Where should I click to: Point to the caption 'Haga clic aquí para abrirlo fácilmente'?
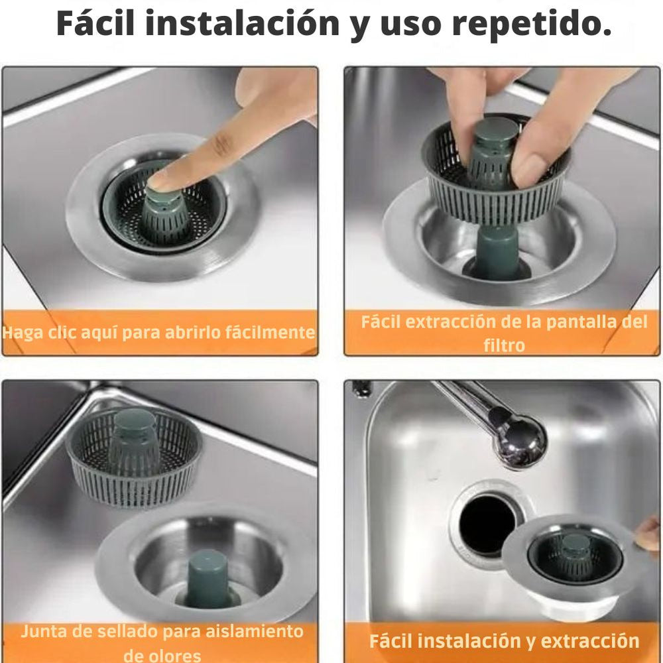(158, 332)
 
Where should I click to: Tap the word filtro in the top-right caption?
(504, 345)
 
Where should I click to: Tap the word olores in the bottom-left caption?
(162, 655)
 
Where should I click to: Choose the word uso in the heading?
(409, 25)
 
